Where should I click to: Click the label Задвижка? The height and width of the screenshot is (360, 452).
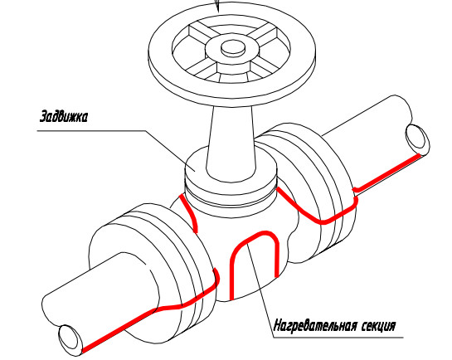(x=63, y=116)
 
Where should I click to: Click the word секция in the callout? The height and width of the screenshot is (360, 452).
(x=378, y=326)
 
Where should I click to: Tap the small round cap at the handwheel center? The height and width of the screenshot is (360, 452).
(x=233, y=47)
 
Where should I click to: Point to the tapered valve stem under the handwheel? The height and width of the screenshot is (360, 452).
(x=231, y=144)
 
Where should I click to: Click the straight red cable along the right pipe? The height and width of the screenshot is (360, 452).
(x=386, y=173)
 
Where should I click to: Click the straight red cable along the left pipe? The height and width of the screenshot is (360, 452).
(x=119, y=331)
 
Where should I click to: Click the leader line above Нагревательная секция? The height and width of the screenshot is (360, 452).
(x=260, y=288)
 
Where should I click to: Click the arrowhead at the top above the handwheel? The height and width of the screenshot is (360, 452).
(x=217, y=6)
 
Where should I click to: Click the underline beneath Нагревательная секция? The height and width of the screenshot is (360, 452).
(x=338, y=338)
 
